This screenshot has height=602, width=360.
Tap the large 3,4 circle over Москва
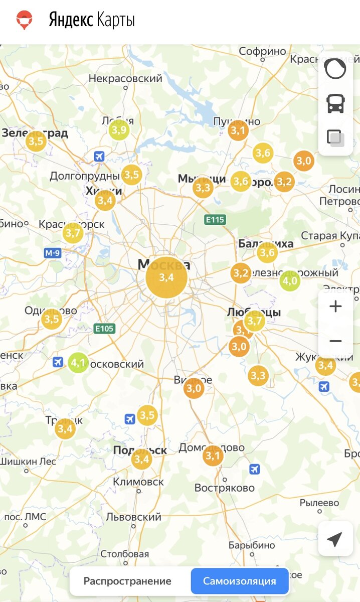(166, 277)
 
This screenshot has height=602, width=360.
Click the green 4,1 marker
(78, 362)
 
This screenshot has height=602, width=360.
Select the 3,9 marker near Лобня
(119, 130)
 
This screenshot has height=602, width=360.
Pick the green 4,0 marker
(290, 281)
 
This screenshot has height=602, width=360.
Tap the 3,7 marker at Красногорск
(73, 233)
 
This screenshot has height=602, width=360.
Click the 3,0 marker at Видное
(194, 388)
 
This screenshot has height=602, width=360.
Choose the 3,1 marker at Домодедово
(213, 456)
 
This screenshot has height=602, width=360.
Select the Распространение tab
(127, 581)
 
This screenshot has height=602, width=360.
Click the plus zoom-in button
(335, 307)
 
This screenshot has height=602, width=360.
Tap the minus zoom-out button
(335, 341)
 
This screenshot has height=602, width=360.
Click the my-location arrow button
(334, 539)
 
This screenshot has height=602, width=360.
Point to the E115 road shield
(215, 219)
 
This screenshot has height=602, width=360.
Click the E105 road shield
(104, 329)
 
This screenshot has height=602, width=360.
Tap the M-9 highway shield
(53, 253)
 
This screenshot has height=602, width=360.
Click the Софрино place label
(262, 51)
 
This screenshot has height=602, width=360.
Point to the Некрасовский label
(125, 78)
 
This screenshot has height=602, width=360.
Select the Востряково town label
(224, 488)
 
